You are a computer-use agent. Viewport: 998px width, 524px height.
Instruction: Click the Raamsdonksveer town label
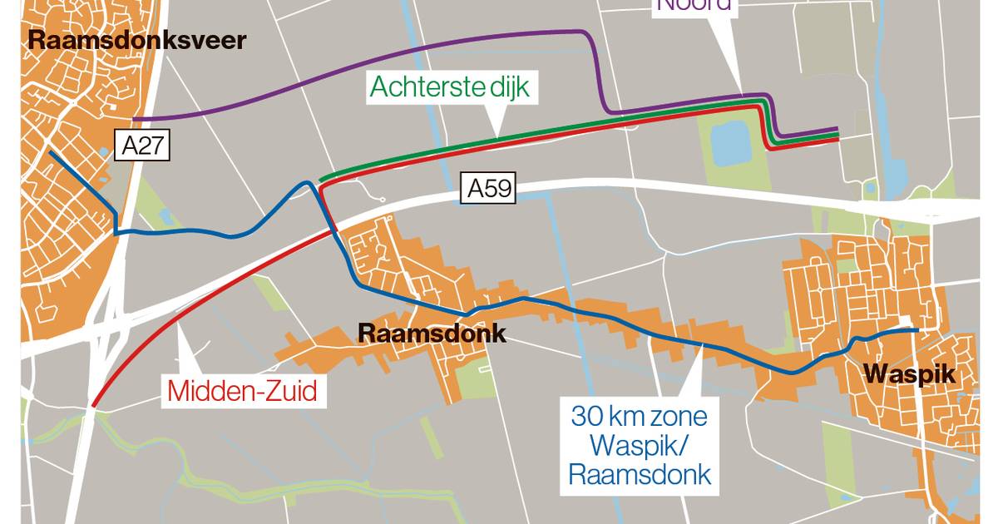click(137, 40)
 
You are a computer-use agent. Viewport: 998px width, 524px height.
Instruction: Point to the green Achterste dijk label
click(450, 87)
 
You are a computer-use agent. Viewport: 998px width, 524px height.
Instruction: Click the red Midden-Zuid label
click(243, 391)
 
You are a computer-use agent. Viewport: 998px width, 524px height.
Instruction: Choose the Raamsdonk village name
click(432, 334)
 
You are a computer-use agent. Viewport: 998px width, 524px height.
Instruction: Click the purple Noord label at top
click(694, 5)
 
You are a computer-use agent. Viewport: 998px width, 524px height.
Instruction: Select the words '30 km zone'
click(639, 414)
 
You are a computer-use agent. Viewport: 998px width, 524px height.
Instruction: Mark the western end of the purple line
click(133, 119)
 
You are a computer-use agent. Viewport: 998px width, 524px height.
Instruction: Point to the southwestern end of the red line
click(93, 406)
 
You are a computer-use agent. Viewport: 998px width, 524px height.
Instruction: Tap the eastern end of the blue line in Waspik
click(916, 330)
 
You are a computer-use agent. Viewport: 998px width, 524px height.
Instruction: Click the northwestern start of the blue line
click(51, 152)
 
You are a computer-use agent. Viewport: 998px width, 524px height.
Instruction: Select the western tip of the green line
click(320, 180)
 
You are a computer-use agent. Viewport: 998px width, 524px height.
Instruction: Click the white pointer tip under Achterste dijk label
click(494, 136)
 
